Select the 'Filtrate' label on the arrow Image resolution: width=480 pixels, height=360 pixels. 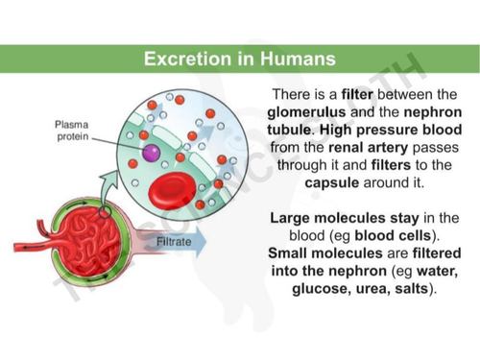[x=174, y=242]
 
